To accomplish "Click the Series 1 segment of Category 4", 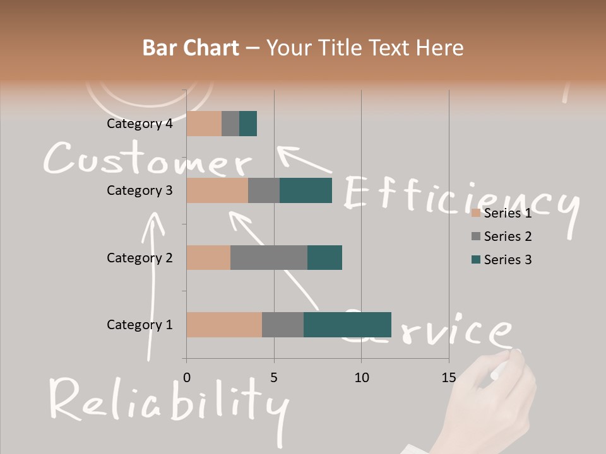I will pyautogui.click(x=204, y=124).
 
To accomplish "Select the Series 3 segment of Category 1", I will pyautogui.click(x=347, y=325).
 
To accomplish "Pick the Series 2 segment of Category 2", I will pyautogui.click(x=269, y=257).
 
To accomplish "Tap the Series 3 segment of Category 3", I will pyautogui.click(x=306, y=190).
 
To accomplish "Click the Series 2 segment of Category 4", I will pyautogui.click(x=230, y=124).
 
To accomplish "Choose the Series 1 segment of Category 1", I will pyautogui.click(x=224, y=325).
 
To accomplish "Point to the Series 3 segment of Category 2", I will pyautogui.click(x=324, y=257).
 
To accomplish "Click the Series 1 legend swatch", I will pyautogui.click(x=476, y=213).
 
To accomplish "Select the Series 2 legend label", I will pyautogui.click(x=508, y=236).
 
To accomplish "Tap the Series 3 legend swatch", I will pyautogui.click(x=476, y=260).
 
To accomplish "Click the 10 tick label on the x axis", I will pyautogui.click(x=361, y=378).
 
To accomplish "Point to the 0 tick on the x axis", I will pyautogui.click(x=186, y=378).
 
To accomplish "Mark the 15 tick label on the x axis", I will pyautogui.click(x=449, y=378).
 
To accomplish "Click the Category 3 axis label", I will pyautogui.click(x=140, y=190).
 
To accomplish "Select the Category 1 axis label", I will pyautogui.click(x=140, y=325).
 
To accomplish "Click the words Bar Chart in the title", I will pyautogui.click(x=191, y=48).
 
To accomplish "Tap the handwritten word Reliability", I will pyautogui.click(x=167, y=401).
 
